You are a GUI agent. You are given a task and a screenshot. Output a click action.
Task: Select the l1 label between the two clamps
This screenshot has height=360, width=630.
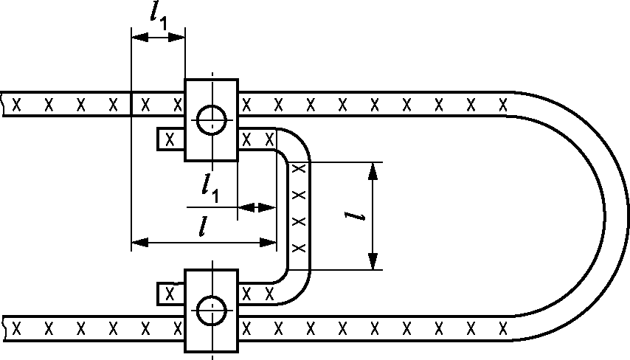coord(210,188)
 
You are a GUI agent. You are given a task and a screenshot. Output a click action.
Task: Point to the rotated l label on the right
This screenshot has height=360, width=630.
coord(355,216)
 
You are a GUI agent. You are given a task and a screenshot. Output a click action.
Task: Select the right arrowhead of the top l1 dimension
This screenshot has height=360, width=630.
coord(177,38)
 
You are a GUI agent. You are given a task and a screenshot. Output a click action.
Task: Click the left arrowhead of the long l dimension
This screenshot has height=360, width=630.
coord(140,242)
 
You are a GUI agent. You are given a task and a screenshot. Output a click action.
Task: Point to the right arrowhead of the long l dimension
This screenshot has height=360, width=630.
coord(268,242)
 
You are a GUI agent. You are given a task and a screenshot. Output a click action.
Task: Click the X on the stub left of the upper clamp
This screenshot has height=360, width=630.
coord(170,140)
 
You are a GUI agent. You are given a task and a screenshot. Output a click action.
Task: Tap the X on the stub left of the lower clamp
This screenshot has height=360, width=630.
coord(170,294)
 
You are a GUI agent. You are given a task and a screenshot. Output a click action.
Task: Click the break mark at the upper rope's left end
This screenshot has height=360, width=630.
coord(3,104)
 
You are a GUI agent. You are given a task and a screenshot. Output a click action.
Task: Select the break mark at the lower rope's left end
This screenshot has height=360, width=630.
coord(3,328)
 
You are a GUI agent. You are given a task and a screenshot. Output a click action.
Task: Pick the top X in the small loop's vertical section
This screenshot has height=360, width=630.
coord(299,168)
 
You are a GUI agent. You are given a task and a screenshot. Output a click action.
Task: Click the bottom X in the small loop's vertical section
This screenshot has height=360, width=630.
coord(299,248)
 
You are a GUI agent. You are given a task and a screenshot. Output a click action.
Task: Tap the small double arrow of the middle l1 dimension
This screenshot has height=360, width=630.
coord(257,208)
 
